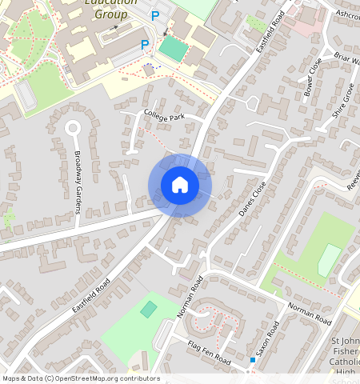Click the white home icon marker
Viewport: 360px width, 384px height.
pos(180,185)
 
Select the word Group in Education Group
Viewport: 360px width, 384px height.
pos(110,14)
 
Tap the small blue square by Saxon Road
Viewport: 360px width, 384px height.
pos(252,361)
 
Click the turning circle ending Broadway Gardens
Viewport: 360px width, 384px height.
pos(74,127)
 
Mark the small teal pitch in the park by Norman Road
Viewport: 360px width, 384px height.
pos(149,309)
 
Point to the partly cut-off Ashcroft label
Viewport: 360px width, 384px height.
pos(348,14)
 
